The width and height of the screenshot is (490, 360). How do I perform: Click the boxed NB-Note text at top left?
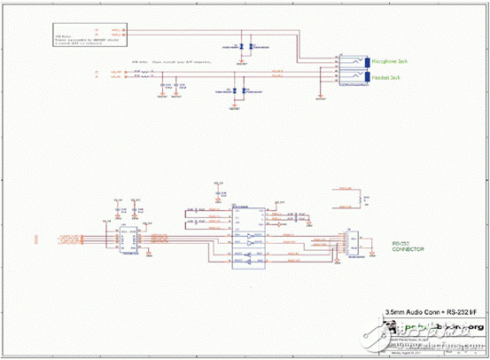[71, 37]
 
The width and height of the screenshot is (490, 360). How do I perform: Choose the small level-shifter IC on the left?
[127, 237]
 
